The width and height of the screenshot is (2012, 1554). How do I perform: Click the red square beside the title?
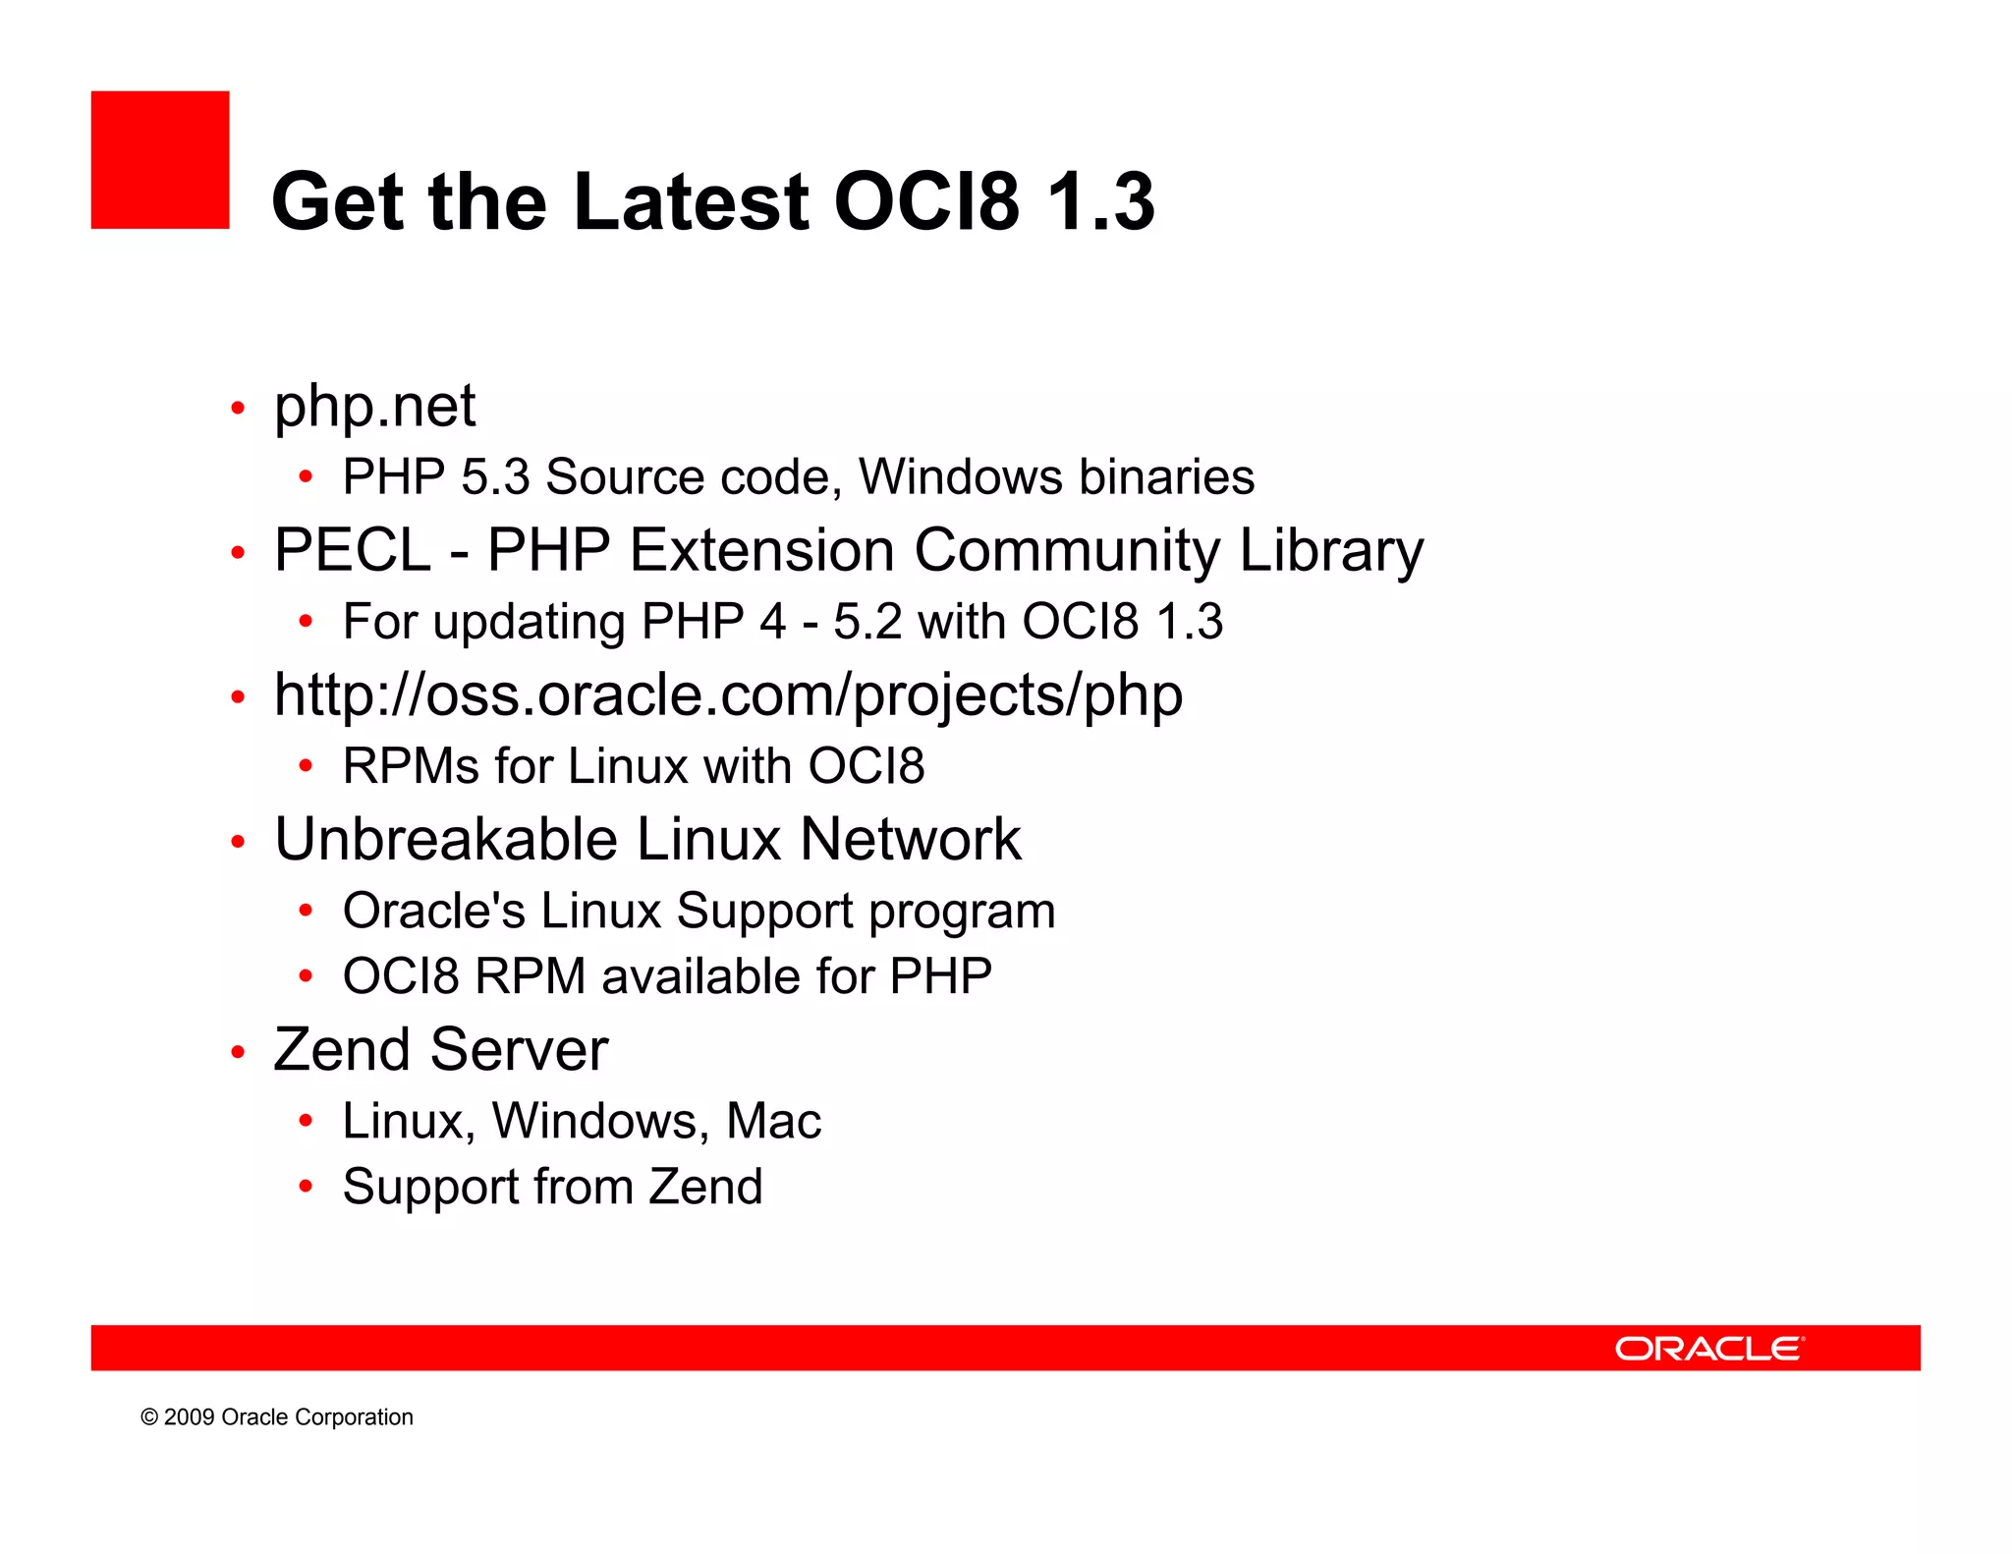(160, 160)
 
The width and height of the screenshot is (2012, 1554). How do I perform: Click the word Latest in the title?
(691, 201)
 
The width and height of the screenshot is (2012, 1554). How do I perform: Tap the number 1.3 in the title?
(1100, 201)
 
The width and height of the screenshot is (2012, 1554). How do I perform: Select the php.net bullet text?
(374, 406)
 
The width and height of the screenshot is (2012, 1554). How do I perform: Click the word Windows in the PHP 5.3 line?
(960, 477)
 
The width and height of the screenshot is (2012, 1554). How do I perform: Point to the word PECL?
(352, 550)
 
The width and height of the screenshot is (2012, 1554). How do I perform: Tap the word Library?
(1330, 550)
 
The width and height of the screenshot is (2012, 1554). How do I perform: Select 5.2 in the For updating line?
(866, 622)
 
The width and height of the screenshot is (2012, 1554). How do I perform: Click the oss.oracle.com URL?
(728, 695)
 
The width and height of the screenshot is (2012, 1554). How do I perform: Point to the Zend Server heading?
(440, 1049)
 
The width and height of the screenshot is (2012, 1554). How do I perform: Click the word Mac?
(773, 1121)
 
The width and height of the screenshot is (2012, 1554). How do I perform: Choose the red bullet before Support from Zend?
(306, 1187)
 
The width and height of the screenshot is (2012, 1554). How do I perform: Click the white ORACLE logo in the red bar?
(1708, 1348)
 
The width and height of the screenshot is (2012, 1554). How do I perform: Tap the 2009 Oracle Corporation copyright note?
(276, 1416)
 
